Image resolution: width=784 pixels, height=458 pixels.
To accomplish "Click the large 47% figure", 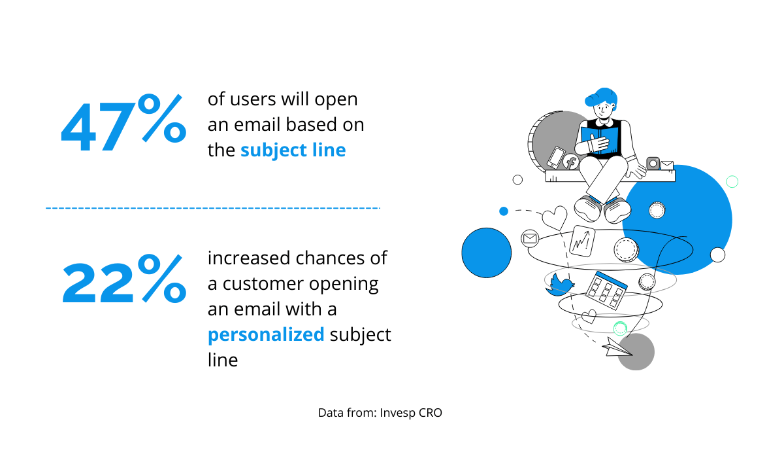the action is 123,122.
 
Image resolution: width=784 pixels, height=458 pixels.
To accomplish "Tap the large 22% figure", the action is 124,278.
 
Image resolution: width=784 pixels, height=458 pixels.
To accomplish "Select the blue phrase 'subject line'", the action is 293,150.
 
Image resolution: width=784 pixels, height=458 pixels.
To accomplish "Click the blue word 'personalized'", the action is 266,334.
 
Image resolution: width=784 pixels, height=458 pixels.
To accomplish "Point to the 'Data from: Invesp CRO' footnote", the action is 380,412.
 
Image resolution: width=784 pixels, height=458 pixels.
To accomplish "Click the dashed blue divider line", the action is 213,208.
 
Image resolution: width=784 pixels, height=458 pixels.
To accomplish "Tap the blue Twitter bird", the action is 560,285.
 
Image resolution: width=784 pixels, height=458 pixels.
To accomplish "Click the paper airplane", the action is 617,347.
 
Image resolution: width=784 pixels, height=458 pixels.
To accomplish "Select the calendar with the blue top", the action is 606,290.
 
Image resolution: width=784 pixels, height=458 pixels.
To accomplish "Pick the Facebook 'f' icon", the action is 570,162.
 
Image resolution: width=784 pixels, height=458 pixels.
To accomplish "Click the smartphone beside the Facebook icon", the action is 556,157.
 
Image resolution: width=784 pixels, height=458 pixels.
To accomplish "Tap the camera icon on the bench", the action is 653,164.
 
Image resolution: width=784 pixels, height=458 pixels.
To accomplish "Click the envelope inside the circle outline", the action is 530,239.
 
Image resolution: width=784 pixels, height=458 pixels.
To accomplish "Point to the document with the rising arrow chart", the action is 582,241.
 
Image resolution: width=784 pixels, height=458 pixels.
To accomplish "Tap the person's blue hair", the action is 600,96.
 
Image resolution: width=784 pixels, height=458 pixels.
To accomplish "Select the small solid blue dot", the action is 504,211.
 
